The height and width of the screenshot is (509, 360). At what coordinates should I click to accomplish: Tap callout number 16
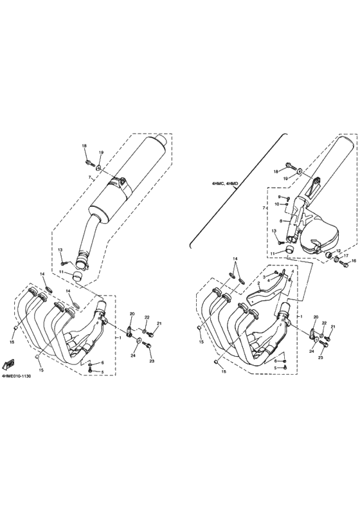[x=353, y=260]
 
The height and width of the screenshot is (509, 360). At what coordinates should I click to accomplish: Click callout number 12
[x=338, y=251]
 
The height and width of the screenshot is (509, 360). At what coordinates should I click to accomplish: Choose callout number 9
[x=280, y=197]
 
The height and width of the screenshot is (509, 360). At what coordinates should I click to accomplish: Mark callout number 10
[x=280, y=204]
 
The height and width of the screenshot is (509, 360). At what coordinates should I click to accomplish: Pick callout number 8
[x=280, y=220]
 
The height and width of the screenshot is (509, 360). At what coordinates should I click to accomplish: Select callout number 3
[x=264, y=276]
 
